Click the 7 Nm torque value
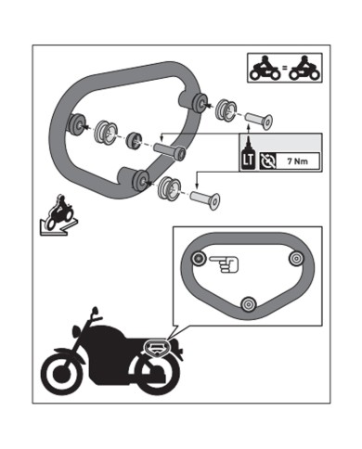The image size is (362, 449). coord(297,161)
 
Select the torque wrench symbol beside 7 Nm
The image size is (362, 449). coord(266,161)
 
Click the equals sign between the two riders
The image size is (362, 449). coord(285,68)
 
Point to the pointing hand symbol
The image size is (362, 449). coord(224,263)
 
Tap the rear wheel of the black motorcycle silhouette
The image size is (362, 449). coord(155,373)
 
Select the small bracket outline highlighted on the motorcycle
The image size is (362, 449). coord(157,348)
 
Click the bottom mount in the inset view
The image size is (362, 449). coord(249,304)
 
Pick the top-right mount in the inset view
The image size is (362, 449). coord(296,258)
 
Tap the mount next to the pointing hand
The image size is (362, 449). coord(199,258)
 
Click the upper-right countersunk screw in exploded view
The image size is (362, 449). coord(259,121)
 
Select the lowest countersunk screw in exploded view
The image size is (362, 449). coord(205,199)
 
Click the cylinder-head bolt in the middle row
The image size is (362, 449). coord(170,150)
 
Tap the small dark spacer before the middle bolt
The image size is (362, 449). coord(135,139)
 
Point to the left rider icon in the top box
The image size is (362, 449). coord(265,69)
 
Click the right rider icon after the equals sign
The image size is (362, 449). coord(305,69)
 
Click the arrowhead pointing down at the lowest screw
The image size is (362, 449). coord(197,186)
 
